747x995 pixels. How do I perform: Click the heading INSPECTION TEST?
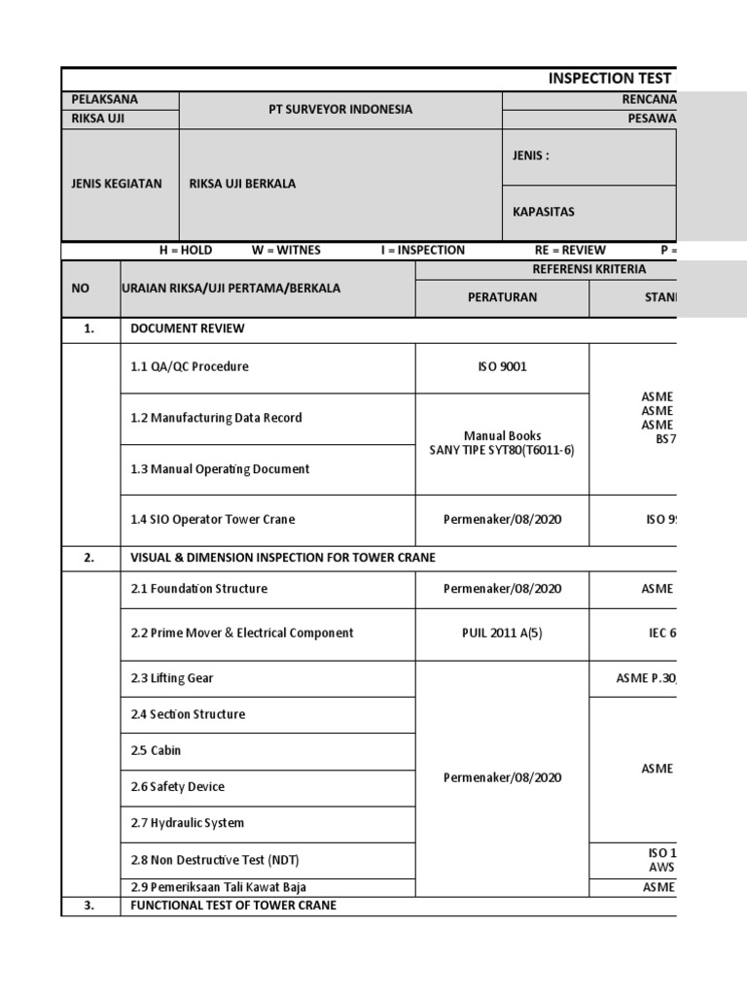tap(612, 79)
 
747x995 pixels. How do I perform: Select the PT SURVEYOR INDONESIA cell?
tap(340, 110)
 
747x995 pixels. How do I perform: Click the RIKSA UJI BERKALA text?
tap(242, 184)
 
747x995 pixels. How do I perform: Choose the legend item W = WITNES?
tap(286, 250)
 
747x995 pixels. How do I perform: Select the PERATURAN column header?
tap(502, 297)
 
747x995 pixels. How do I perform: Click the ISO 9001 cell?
tap(502, 367)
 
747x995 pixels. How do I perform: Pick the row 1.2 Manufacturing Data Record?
tap(216, 418)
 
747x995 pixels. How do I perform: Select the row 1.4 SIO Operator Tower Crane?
tap(212, 520)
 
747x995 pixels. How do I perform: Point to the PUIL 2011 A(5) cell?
tap(502, 634)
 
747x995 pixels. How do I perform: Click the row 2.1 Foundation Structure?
tap(198, 589)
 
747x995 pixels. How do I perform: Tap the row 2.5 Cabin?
tap(156, 751)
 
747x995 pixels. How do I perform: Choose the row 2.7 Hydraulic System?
tap(187, 823)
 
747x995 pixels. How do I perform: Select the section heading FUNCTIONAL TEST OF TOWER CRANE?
tap(233, 906)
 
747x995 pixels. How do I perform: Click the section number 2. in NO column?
tap(89, 558)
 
